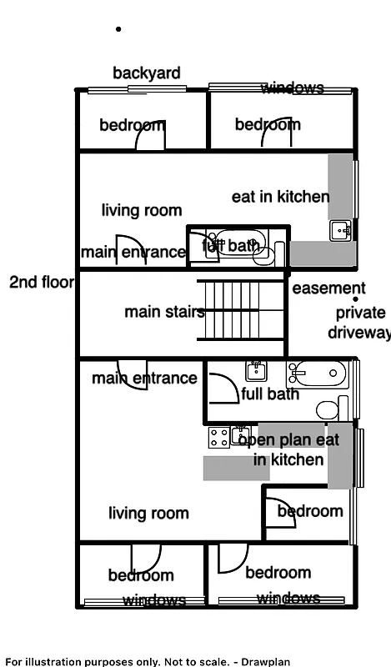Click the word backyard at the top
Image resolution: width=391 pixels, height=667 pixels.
pyautogui.click(x=147, y=73)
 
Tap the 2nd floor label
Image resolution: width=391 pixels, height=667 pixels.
pyautogui.click(x=41, y=283)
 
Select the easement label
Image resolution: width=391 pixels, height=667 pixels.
pyautogui.click(x=328, y=288)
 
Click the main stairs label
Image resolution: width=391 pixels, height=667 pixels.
pyautogui.click(x=164, y=313)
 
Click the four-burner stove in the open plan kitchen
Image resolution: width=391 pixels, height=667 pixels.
pyautogui.click(x=218, y=436)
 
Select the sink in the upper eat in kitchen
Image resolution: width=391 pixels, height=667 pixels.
pyautogui.click(x=340, y=230)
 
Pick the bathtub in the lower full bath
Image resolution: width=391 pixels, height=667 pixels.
pyautogui.click(x=317, y=374)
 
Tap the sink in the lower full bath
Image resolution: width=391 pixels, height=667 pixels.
pyautogui.click(x=256, y=371)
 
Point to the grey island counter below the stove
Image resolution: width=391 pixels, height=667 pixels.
pyautogui.click(x=236, y=468)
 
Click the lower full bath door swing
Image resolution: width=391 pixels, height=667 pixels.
pyautogui.click(x=222, y=388)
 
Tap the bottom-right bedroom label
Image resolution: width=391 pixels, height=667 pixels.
pyautogui.click(x=278, y=573)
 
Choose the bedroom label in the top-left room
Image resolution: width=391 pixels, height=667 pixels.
pyautogui.click(x=132, y=125)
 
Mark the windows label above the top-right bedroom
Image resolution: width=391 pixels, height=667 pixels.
pyautogui.click(x=292, y=88)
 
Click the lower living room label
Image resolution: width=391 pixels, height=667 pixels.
pyautogui.click(x=148, y=513)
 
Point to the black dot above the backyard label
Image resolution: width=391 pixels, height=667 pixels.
pyautogui.click(x=118, y=29)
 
